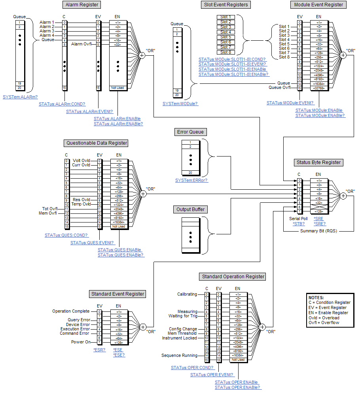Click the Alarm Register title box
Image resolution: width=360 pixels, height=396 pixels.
coord(81,5)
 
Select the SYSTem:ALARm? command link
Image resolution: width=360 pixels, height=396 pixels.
coord(20,97)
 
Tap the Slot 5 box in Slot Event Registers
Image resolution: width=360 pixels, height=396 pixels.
coord(226,37)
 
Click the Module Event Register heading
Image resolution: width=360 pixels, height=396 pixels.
coord(318,5)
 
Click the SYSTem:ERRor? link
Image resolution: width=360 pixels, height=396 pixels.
coord(191,180)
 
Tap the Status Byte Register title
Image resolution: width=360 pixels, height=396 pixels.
coord(318,162)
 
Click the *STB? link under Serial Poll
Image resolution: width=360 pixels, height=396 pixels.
coord(299,223)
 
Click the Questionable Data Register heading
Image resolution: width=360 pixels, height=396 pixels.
coord(97,143)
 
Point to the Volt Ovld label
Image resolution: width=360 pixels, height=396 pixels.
coord(81,160)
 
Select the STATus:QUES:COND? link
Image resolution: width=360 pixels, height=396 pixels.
coord(66,235)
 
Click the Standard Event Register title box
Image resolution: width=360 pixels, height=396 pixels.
coord(117,294)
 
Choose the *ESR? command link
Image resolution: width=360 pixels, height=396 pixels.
coord(99,350)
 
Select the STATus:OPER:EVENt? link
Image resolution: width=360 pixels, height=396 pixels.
coord(212,375)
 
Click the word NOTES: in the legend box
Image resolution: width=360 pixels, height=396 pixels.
coord(316,298)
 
